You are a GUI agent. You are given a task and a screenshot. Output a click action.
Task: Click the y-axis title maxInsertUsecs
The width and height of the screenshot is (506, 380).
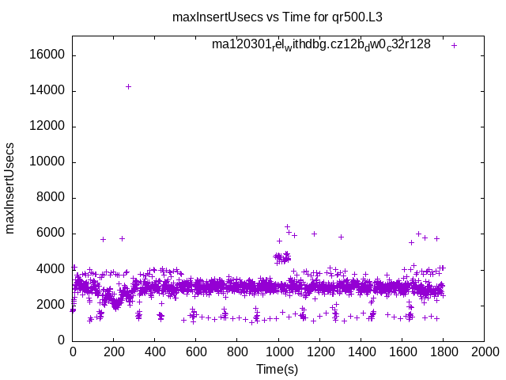[x=10, y=188]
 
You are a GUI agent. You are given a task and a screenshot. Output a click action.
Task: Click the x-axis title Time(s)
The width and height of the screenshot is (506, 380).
[x=278, y=370]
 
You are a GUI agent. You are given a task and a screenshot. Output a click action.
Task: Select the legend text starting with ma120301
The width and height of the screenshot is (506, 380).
[x=321, y=44]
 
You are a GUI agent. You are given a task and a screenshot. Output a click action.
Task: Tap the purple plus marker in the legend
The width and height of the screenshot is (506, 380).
[x=454, y=45]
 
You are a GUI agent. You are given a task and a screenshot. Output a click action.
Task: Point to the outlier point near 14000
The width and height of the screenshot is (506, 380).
[x=128, y=86]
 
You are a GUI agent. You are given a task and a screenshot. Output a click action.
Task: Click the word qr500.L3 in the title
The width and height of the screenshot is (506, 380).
[x=359, y=16]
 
